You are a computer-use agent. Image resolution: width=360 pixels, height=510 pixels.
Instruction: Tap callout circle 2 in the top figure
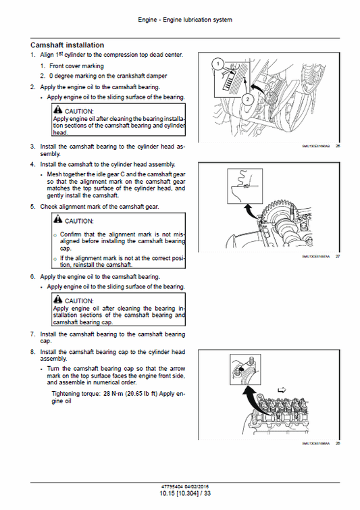tap(247, 99)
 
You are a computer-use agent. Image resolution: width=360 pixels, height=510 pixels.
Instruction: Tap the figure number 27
tap(337, 257)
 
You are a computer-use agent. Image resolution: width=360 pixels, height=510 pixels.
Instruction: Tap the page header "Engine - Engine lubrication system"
tap(180, 20)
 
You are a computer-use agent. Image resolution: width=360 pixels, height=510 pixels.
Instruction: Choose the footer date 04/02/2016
tap(191, 486)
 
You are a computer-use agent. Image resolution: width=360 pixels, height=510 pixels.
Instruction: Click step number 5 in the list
tap(32, 206)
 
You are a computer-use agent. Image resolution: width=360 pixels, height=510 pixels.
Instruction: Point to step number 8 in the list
tap(32, 352)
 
